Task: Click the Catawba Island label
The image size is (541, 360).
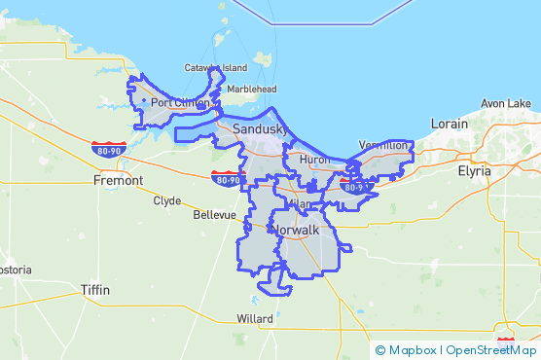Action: pos(216,68)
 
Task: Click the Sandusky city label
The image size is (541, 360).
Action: pos(257,128)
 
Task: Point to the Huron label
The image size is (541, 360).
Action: pos(315,159)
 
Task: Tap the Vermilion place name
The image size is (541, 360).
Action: pos(383,145)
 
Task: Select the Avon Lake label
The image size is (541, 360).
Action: pos(506,103)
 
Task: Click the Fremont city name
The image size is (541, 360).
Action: pos(118,180)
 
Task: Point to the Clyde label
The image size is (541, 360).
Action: pos(167,201)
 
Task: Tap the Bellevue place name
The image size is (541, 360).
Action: pos(215,214)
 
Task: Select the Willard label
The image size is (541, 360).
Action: pos(255,319)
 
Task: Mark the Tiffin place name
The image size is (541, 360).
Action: pos(95,290)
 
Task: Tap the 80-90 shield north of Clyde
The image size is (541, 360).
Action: pos(227,178)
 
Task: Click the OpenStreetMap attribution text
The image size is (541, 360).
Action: pos(491,350)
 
